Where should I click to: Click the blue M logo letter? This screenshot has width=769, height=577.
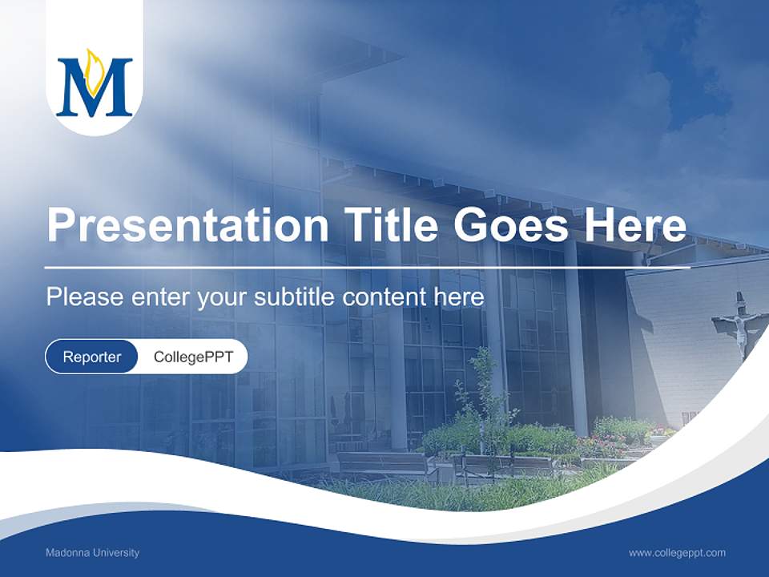(94, 87)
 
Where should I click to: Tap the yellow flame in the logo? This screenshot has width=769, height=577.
(93, 68)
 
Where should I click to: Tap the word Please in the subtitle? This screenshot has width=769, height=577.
(74, 297)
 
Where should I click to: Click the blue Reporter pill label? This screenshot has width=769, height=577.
(92, 357)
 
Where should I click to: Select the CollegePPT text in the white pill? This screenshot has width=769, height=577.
(193, 357)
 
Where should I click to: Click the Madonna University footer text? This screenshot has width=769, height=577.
(92, 553)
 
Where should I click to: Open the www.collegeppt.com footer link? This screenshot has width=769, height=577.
(677, 553)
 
